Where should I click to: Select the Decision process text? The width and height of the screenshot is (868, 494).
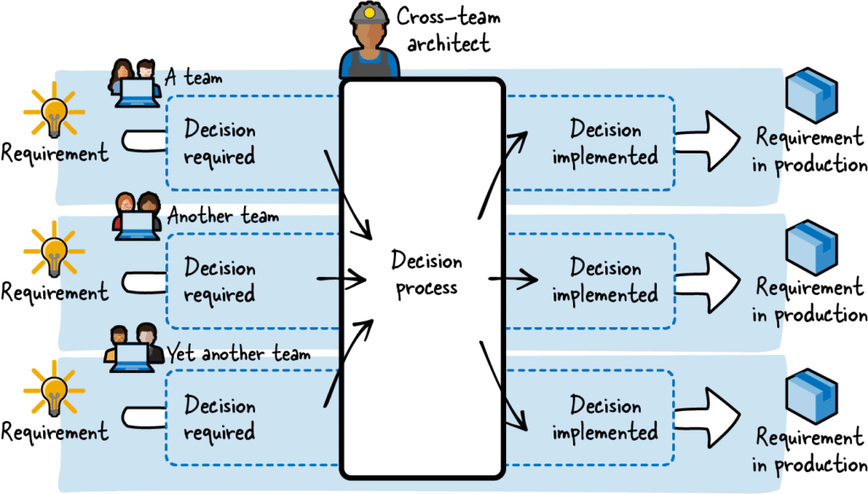click(426, 275)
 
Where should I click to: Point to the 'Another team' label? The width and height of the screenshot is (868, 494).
click(223, 216)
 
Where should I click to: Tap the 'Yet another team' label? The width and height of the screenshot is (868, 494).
click(238, 352)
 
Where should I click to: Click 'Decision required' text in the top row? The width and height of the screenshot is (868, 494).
click(220, 143)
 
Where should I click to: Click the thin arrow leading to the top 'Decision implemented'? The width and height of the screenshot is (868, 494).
click(504, 161)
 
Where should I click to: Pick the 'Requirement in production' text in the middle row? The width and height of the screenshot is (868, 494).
click(810, 301)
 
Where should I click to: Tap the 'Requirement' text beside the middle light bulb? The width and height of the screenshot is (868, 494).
click(54, 292)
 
